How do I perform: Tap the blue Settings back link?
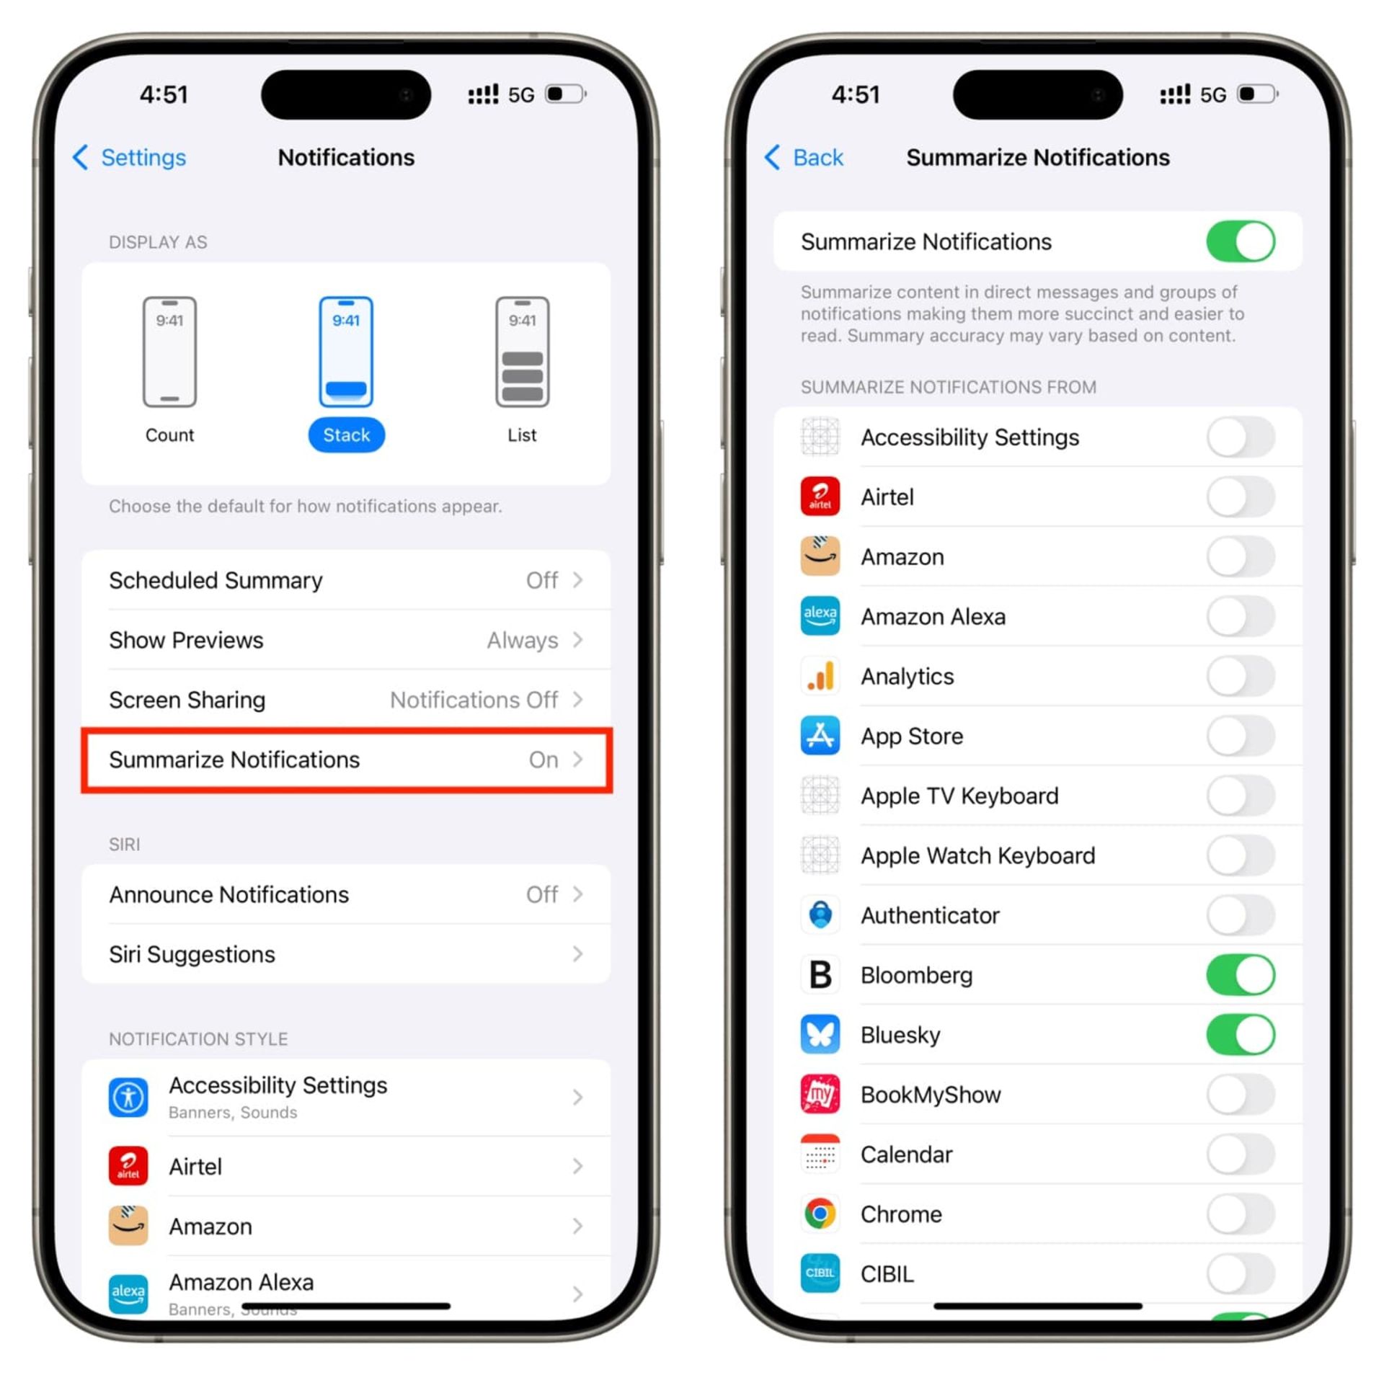pyautogui.click(x=130, y=157)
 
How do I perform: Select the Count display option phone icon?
pyautogui.click(x=169, y=352)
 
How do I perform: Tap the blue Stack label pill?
pyautogui.click(x=346, y=435)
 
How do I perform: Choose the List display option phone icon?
pyautogui.click(x=522, y=352)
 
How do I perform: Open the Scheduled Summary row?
pyautogui.click(x=346, y=580)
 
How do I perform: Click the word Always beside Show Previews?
pyautogui.click(x=522, y=640)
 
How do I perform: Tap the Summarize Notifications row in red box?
pyautogui.click(x=346, y=760)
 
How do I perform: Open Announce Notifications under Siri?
pyautogui.click(x=346, y=894)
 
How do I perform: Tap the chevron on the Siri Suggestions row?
pyautogui.click(x=577, y=954)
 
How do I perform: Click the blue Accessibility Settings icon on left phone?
pyautogui.click(x=128, y=1097)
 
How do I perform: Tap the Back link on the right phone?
pyautogui.click(x=804, y=157)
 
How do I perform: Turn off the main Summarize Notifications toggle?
pyautogui.click(x=1240, y=241)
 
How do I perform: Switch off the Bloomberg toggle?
pyautogui.click(x=1240, y=975)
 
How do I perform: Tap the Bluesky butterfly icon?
pyautogui.click(x=820, y=1035)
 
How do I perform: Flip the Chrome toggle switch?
pyautogui.click(x=1240, y=1214)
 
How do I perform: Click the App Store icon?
pyautogui.click(x=820, y=736)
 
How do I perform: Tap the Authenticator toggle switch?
pyautogui.click(x=1240, y=915)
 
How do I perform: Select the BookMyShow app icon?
pyautogui.click(x=820, y=1094)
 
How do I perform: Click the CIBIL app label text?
pyautogui.click(x=887, y=1274)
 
